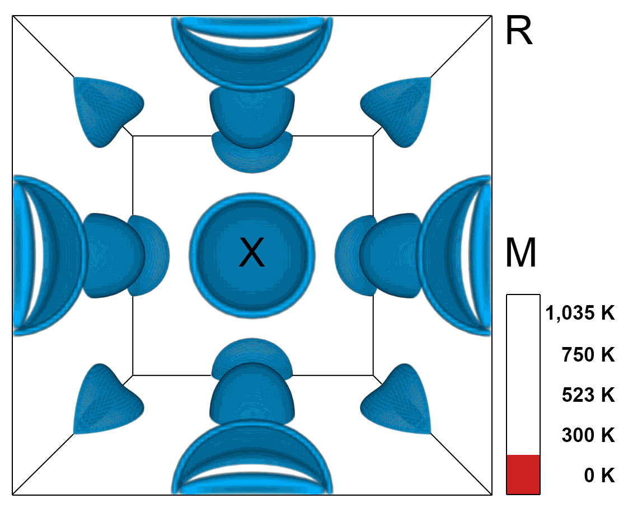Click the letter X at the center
[252, 252]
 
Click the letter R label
[519, 31]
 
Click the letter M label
[521, 253]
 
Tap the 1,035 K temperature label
[580, 313]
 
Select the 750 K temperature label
[588, 354]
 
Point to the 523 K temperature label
[588, 395]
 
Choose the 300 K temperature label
[588, 435]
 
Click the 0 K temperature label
[599, 476]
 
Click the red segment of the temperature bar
[523, 474]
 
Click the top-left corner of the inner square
[133, 135]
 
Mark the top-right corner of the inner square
[373, 135]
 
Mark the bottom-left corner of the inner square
[133, 375]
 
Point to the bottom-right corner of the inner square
[373, 375]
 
